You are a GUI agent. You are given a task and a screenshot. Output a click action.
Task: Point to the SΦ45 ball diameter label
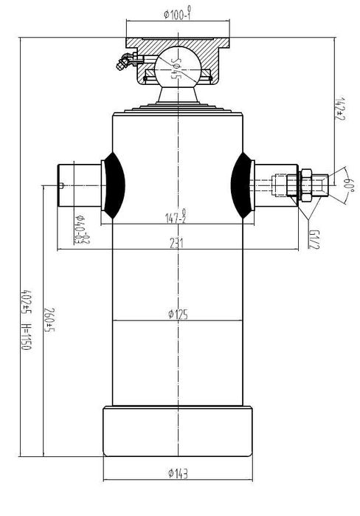(x=175, y=65)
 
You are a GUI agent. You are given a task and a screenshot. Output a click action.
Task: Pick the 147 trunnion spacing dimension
(x=176, y=218)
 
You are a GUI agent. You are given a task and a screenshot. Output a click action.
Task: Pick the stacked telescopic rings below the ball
(x=176, y=109)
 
